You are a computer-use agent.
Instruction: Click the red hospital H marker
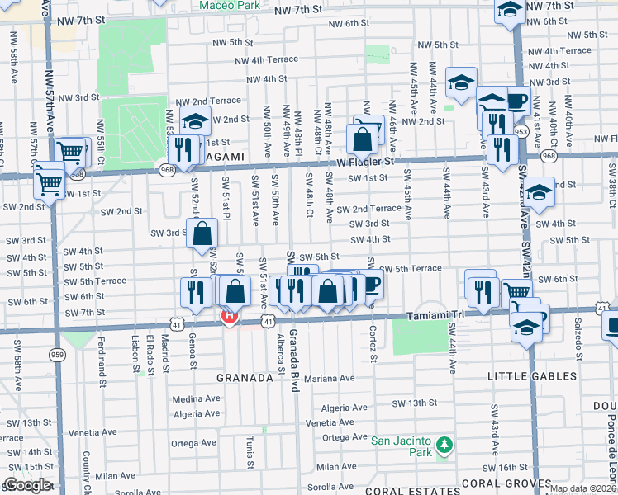click(230, 316)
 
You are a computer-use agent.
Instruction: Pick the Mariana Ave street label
click(328, 379)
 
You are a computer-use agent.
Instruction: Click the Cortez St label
click(373, 346)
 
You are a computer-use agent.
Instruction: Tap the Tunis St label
click(250, 452)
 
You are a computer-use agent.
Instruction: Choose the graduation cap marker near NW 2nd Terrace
click(195, 120)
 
